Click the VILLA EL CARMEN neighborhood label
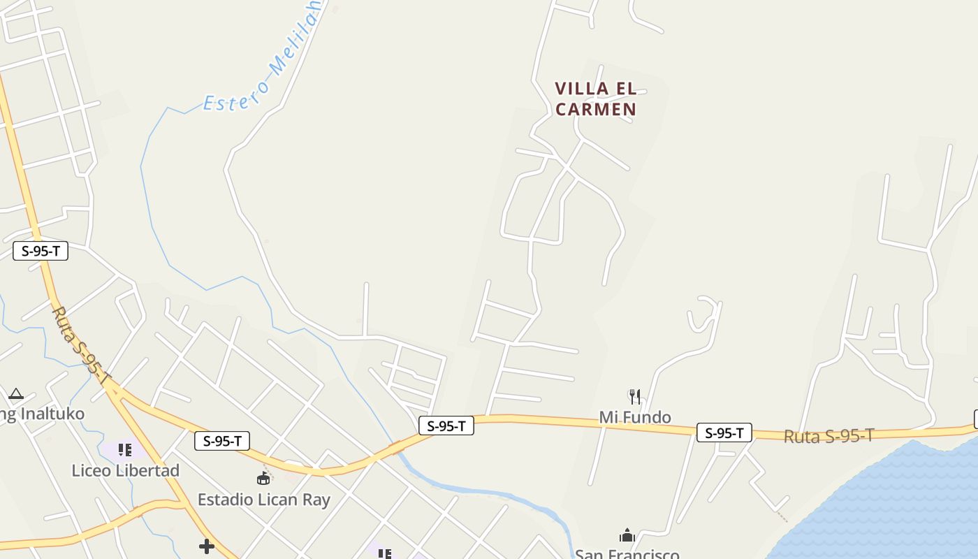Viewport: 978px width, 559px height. [596, 99]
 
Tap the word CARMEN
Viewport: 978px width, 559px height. [596, 110]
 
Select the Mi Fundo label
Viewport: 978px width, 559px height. [635, 417]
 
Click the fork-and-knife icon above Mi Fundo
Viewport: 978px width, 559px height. [635, 397]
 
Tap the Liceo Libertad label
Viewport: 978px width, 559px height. [126, 470]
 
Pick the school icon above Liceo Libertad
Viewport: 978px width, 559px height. [125, 450]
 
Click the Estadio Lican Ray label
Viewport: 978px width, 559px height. [263, 500]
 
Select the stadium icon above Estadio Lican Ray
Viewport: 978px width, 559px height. [263, 479]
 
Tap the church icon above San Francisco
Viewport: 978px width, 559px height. [627, 536]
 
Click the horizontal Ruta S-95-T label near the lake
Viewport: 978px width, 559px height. [829, 437]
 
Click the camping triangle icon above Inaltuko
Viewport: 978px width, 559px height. [16, 394]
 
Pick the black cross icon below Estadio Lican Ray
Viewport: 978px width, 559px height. [206, 546]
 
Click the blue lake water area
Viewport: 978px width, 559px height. [901, 503]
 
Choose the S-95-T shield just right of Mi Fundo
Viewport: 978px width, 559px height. [724, 433]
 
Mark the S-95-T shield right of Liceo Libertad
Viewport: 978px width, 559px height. [222, 441]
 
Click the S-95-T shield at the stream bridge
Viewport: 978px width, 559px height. [446, 426]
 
